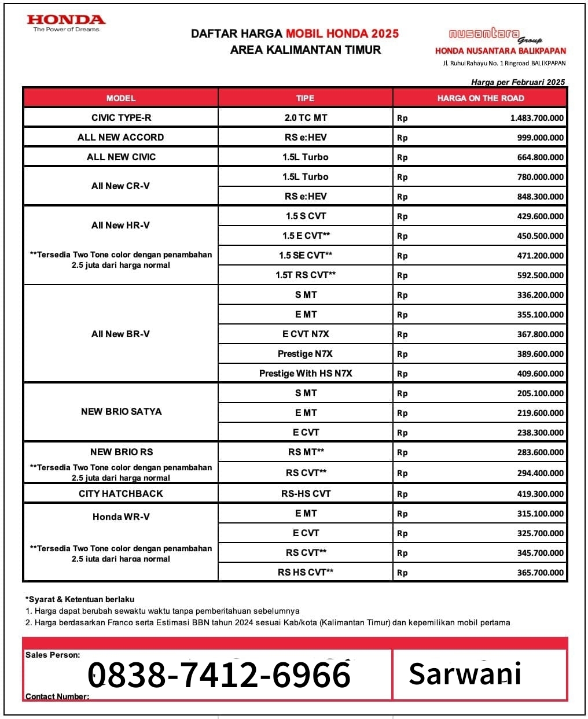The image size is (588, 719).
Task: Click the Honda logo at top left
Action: [x=66, y=23]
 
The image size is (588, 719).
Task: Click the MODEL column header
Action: [x=121, y=98]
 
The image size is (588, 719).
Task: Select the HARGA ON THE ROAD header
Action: [x=480, y=98]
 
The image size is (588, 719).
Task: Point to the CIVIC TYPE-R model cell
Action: [x=121, y=118]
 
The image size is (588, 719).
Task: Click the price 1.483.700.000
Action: [x=536, y=118]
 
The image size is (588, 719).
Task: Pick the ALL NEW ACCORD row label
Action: [x=121, y=138]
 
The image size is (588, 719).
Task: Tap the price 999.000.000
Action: [x=540, y=138]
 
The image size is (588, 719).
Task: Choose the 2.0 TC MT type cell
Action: [x=306, y=118]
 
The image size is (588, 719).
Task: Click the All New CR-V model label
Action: [x=121, y=186]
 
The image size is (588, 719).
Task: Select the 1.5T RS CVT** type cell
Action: [x=306, y=275]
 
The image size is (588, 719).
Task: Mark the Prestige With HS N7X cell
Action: [x=306, y=374]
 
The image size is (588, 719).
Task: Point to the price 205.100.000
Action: [x=540, y=393]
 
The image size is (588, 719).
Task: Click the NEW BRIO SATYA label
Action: [x=121, y=412]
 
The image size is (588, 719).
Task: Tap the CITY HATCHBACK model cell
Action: [x=121, y=494]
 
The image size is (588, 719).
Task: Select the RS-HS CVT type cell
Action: [x=306, y=494]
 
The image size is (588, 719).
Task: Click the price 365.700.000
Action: [x=540, y=573]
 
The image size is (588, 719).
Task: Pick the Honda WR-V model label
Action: [x=121, y=517]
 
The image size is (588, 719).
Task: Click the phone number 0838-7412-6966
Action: [x=219, y=674]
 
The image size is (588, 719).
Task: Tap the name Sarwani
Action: [x=465, y=674]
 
